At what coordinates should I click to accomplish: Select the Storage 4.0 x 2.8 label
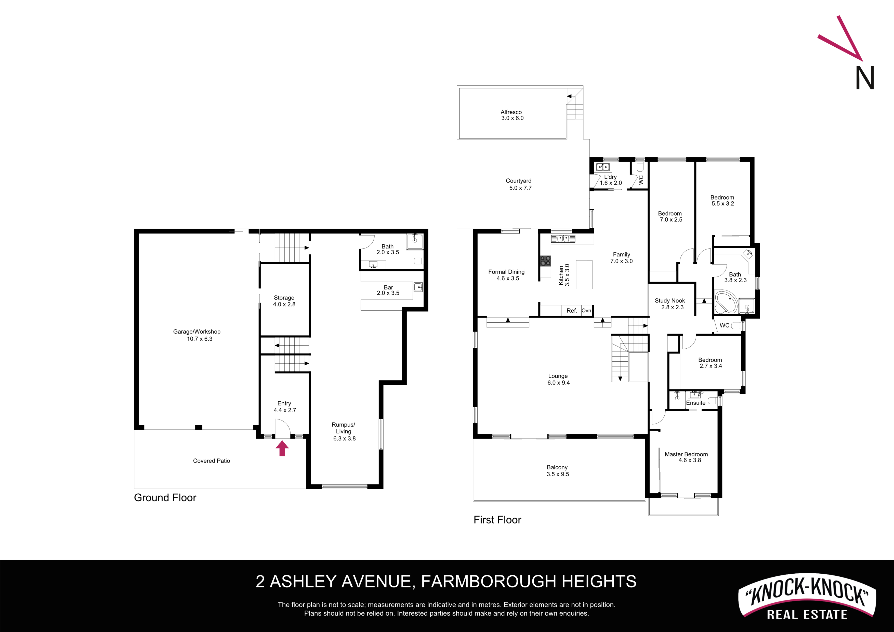point(284,301)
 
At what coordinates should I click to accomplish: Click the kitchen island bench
point(584,274)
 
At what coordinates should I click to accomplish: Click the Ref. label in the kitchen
point(572,311)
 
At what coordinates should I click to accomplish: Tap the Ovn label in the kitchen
point(586,310)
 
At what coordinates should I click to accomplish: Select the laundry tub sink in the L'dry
point(603,167)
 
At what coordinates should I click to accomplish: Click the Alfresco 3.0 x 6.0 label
point(512,115)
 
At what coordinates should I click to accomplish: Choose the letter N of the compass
point(865,78)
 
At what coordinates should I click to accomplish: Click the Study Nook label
point(670,301)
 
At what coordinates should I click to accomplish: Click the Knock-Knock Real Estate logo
point(807,596)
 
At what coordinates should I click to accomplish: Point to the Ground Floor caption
point(165,498)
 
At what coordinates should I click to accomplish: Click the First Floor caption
point(497,520)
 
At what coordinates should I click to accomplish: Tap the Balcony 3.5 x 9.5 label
point(558,471)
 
